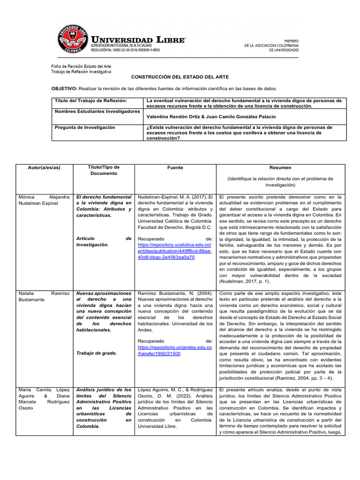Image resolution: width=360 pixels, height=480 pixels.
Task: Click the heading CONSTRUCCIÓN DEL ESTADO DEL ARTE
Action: point(180,77)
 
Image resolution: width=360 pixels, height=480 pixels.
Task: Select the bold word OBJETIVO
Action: point(64,88)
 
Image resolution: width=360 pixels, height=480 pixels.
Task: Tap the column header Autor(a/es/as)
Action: point(44,167)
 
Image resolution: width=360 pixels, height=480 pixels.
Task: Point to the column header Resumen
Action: point(280,167)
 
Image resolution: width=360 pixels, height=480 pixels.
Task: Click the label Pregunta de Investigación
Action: point(85,127)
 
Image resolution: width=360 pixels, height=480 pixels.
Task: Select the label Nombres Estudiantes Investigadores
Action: point(97,112)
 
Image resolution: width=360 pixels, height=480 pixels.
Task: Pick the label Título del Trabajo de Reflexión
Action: point(91,100)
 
